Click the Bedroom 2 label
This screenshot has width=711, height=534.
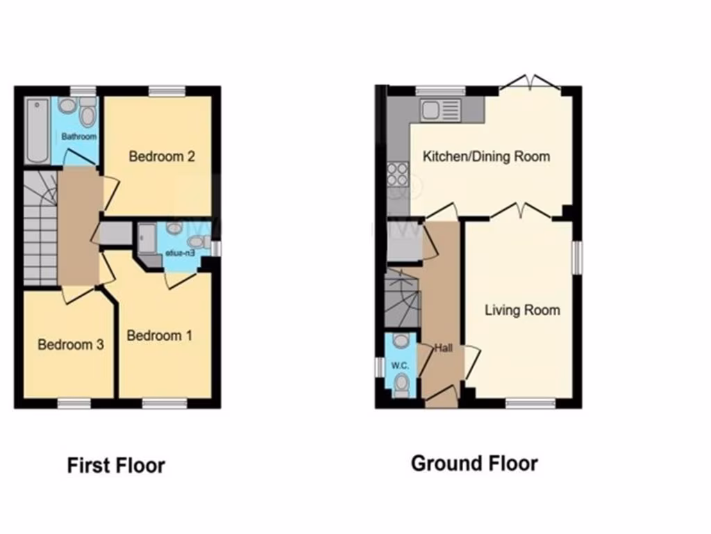point(161,156)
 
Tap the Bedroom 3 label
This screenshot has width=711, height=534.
point(70,345)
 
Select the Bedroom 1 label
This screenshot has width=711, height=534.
point(159,336)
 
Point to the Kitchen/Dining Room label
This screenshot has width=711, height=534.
point(486,156)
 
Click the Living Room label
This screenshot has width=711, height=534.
point(522,310)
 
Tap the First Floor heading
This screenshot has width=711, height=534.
point(116,465)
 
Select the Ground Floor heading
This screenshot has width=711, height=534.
point(474,463)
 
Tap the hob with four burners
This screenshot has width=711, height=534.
point(398,175)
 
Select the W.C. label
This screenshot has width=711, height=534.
point(399,366)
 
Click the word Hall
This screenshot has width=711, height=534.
point(444,348)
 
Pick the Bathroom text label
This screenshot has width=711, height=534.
point(78,137)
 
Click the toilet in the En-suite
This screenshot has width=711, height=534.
point(196,242)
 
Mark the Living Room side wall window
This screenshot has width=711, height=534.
point(576,258)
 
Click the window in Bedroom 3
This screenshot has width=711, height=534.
point(74,403)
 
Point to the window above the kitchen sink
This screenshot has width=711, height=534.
point(440,90)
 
